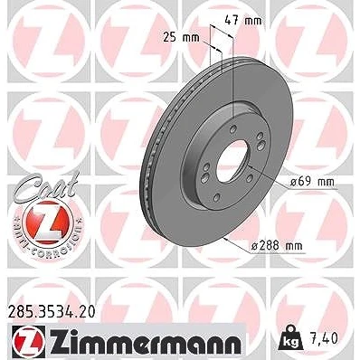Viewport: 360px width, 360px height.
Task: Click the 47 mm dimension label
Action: click(243, 21)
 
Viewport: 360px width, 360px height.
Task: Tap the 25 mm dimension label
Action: click(181, 37)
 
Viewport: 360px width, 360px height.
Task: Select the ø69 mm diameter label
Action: click(312, 182)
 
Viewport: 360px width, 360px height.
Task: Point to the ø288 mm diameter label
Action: click(277, 246)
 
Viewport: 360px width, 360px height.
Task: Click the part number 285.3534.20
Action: click(52, 311)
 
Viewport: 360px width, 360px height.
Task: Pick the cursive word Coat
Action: click(47, 186)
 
